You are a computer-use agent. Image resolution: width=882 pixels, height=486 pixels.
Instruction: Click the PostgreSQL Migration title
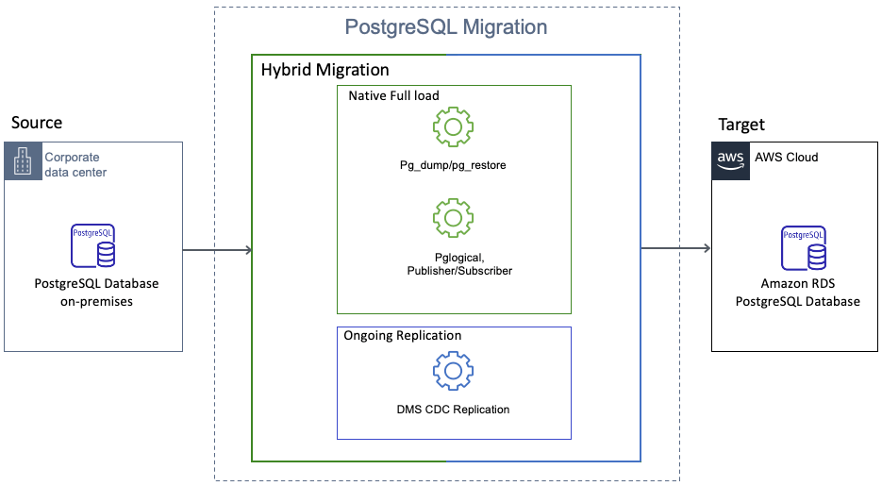(x=446, y=26)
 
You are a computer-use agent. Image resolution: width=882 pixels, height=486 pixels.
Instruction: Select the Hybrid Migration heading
(x=325, y=70)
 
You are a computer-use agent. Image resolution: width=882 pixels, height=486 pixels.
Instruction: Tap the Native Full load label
(x=393, y=96)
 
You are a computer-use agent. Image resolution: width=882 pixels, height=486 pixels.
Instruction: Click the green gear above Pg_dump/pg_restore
(x=453, y=126)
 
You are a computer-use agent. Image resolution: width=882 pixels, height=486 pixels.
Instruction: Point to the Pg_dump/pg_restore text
(x=453, y=165)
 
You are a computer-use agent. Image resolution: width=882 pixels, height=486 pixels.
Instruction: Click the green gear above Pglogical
(x=453, y=218)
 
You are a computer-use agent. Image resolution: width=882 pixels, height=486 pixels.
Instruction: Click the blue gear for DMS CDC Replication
(x=453, y=371)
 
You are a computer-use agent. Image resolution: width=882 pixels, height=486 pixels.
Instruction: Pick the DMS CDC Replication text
(x=453, y=410)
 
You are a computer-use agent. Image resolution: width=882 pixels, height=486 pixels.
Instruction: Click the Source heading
(x=37, y=123)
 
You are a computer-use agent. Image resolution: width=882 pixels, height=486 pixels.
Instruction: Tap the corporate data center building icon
(x=22, y=160)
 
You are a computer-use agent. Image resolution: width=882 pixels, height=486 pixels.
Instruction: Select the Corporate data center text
(x=75, y=165)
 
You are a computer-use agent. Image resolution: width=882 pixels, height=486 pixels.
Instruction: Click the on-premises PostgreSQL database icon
(x=93, y=245)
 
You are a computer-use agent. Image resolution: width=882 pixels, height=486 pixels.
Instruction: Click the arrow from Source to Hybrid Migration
(x=217, y=250)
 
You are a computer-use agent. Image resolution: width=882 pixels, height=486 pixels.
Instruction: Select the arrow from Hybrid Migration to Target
(x=675, y=249)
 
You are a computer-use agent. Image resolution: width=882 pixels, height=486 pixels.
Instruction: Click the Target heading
(x=741, y=125)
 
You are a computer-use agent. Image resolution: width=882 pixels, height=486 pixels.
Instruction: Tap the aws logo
(x=730, y=160)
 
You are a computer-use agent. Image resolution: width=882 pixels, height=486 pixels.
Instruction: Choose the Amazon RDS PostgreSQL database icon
(x=803, y=246)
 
